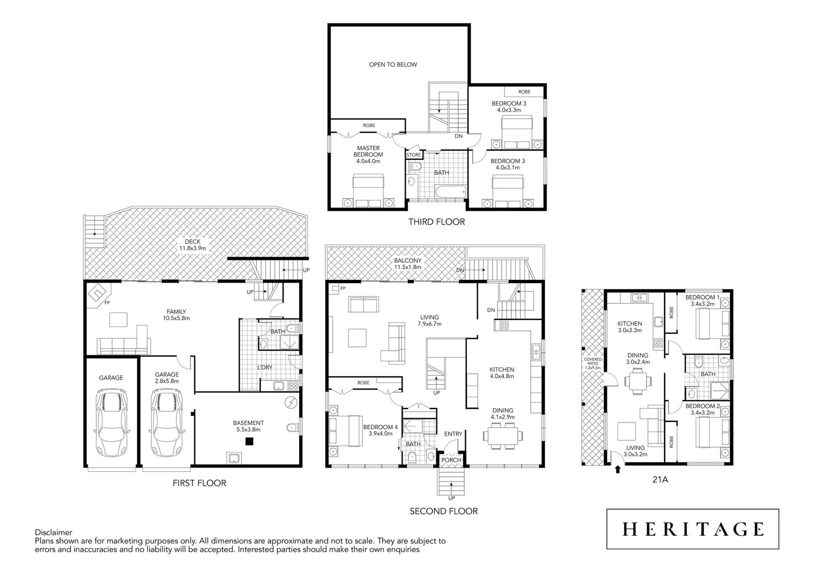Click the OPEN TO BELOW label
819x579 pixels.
coord(393,64)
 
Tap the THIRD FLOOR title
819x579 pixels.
coord(436,221)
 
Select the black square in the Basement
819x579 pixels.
coord(249,441)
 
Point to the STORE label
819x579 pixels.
coord(414,155)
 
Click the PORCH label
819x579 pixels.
coord(451,460)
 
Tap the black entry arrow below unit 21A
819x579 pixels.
coord(617,469)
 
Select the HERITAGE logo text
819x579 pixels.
coord(693,529)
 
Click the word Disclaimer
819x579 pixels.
coord(54,532)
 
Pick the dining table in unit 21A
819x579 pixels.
coord(638,382)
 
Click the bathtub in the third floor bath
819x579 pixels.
coord(450,192)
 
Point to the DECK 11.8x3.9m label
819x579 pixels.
coord(192,245)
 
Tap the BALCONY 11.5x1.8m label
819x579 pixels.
coord(408,264)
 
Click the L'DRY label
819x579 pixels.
coord(264,367)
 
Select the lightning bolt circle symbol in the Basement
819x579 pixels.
coord(291,403)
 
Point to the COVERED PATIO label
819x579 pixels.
coord(593,363)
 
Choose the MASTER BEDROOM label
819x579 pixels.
coord(368,154)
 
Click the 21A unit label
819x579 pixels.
coord(660,479)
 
